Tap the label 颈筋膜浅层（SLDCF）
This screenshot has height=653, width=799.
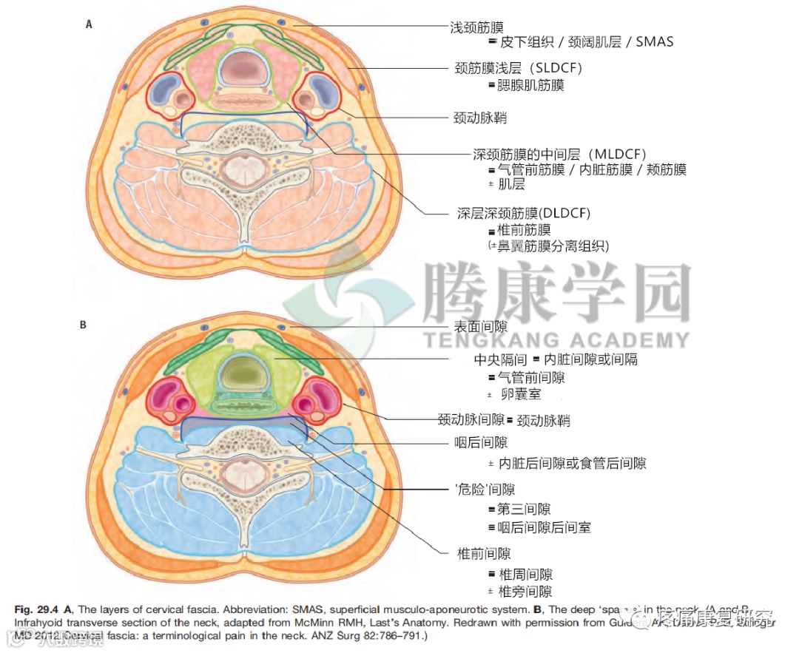(518, 68)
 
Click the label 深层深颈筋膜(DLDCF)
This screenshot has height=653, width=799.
(524, 213)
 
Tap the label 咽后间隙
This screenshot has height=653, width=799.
(481, 443)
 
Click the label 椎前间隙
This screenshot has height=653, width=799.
(485, 553)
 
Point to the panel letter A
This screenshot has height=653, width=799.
(90, 24)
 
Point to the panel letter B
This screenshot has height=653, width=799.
(84, 324)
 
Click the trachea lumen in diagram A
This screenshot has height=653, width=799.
(243, 69)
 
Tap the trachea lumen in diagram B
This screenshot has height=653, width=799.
(243, 370)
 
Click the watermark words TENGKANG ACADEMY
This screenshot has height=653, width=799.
(555, 340)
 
